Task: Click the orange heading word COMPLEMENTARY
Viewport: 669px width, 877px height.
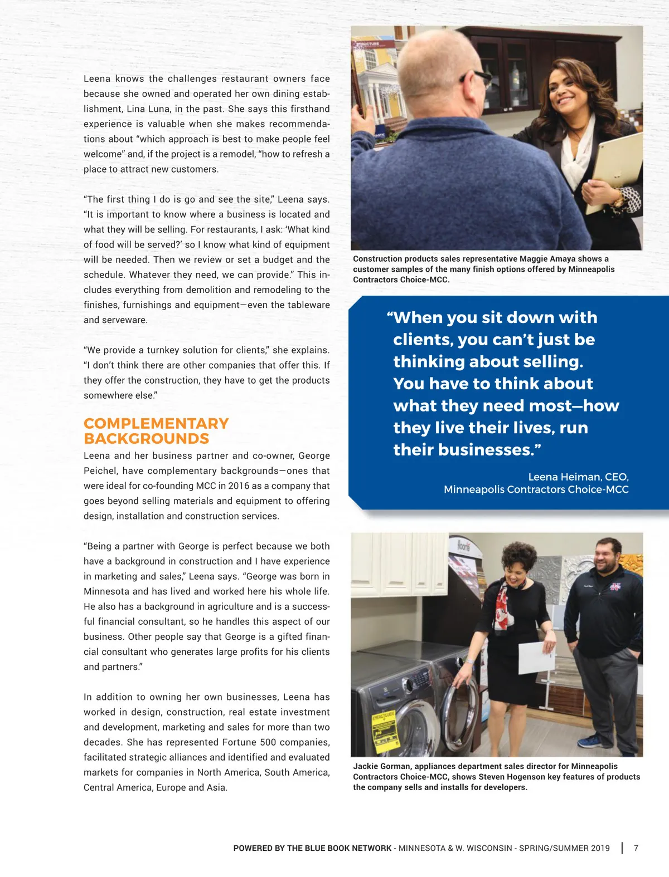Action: point(156,424)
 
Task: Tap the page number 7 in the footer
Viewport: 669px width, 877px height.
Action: point(636,848)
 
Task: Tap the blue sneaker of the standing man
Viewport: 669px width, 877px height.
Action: point(590,741)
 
